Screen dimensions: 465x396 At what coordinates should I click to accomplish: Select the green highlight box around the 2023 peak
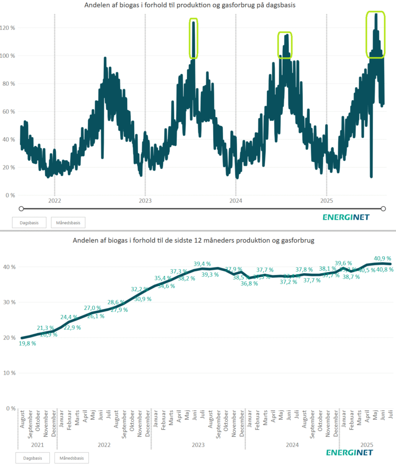194,38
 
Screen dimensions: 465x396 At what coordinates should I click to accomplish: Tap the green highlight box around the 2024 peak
284,45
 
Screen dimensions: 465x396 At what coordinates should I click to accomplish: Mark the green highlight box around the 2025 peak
376,34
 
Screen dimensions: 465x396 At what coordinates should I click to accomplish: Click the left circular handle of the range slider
20,208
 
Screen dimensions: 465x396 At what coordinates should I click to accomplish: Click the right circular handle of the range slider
384,208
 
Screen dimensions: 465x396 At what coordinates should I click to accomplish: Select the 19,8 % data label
27,343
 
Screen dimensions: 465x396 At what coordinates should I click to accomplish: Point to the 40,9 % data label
382,258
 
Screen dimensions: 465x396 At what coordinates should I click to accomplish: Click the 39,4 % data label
203,264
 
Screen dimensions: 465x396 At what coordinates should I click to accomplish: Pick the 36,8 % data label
249,283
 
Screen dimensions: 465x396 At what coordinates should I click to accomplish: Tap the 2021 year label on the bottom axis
37,444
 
